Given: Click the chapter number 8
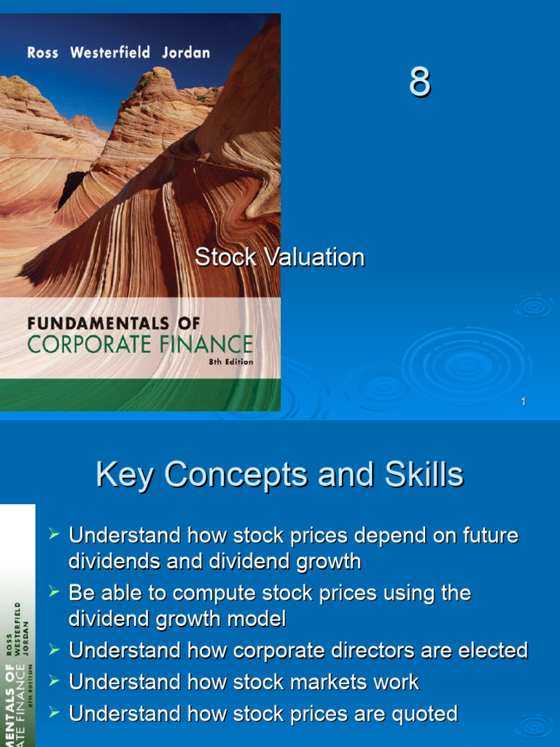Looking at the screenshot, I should point(419,82).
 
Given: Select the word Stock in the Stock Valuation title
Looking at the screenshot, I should point(225,258).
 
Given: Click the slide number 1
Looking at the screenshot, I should point(524,402).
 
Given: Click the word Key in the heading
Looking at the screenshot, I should point(125,476).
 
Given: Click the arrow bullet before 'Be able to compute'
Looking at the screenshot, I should point(53,592).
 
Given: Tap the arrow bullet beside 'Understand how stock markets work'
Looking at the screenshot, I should point(53,681).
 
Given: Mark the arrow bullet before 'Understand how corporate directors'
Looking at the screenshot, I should point(53,649).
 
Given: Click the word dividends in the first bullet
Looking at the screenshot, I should point(112,562).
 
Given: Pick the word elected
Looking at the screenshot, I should point(488,651).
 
